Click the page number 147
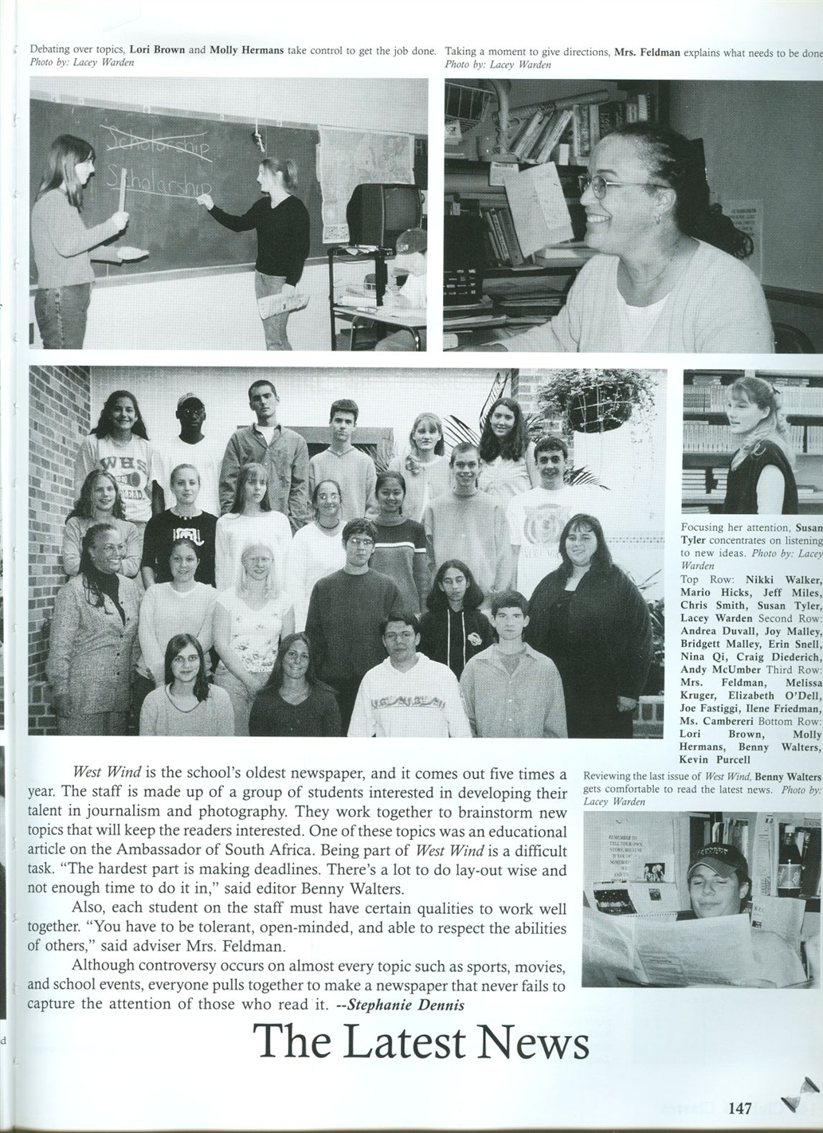click(x=740, y=1108)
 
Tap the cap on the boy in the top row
click(x=189, y=398)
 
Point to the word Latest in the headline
click(x=390, y=1041)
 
